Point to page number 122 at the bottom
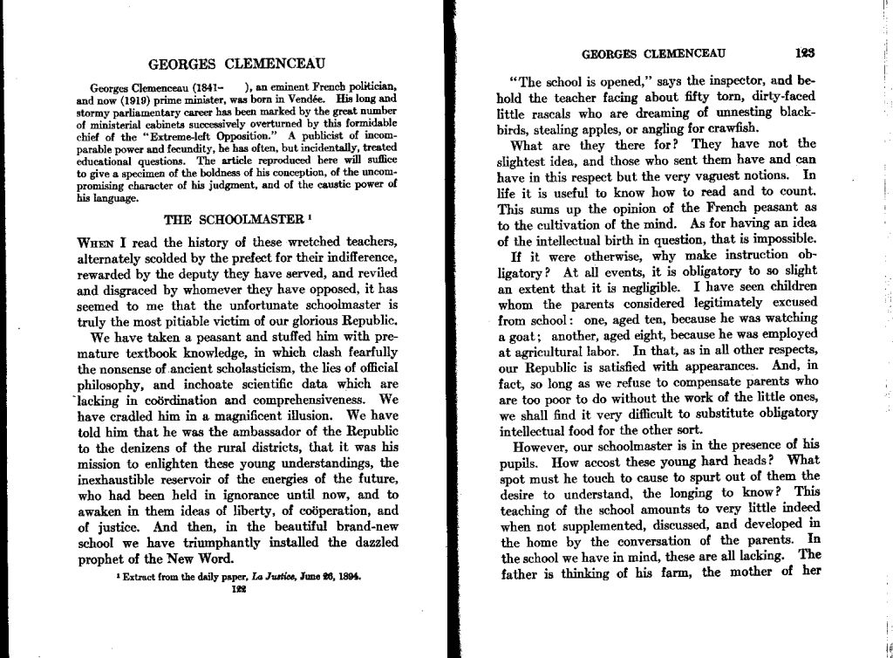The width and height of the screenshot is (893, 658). coord(237,588)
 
